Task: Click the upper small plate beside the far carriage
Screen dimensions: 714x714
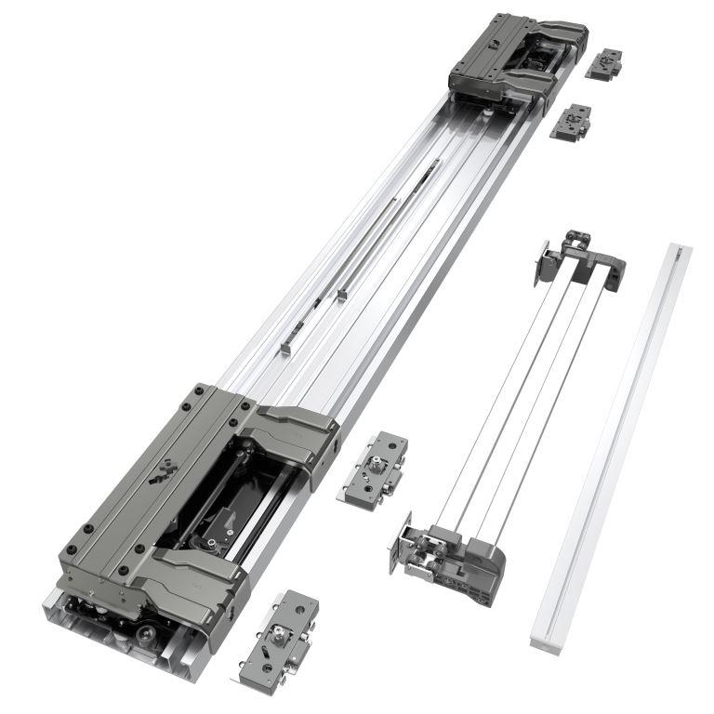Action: (604, 63)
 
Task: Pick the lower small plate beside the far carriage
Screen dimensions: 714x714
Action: (571, 122)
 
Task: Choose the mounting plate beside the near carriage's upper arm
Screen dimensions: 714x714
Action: (373, 469)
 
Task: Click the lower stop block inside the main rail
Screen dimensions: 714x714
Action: (285, 348)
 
